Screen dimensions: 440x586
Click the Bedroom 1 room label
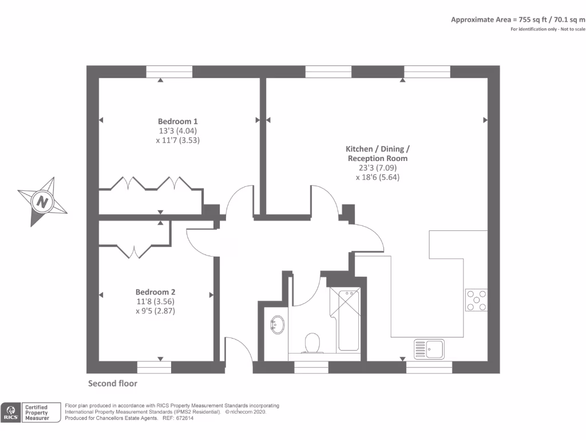178,121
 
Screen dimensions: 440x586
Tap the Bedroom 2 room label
156,292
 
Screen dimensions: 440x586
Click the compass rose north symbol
42,202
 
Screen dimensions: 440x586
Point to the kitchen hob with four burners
476,300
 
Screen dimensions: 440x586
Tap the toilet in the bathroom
312,343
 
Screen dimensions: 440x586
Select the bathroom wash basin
278,325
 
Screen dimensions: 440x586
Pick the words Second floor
112,383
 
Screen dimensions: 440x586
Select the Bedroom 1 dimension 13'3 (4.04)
178,131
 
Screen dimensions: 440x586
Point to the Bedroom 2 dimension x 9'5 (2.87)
156,311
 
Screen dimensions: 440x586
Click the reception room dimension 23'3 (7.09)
377,168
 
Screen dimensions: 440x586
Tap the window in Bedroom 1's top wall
169,72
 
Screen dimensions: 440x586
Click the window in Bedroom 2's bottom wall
154,367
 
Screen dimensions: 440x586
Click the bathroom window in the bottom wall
311,367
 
